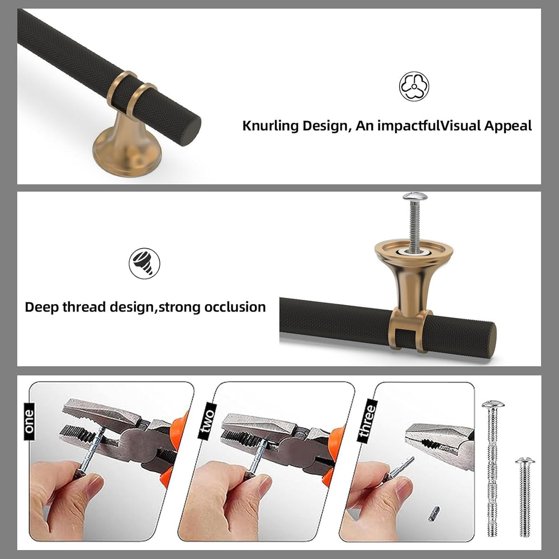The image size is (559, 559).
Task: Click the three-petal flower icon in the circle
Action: [x=414, y=86]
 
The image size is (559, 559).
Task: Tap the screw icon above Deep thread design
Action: [x=144, y=263]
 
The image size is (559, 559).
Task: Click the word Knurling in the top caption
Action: [x=270, y=126]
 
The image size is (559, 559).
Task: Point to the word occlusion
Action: [x=235, y=307]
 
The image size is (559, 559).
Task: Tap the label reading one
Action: [x=29, y=421]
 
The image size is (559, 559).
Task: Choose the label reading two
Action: [x=207, y=421]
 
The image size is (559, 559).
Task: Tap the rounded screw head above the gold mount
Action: [x=415, y=196]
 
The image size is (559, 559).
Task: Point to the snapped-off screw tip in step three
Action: [x=434, y=513]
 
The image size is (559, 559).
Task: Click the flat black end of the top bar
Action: [x=191, y=130]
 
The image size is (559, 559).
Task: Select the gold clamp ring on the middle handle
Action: [x=409, y=330]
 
